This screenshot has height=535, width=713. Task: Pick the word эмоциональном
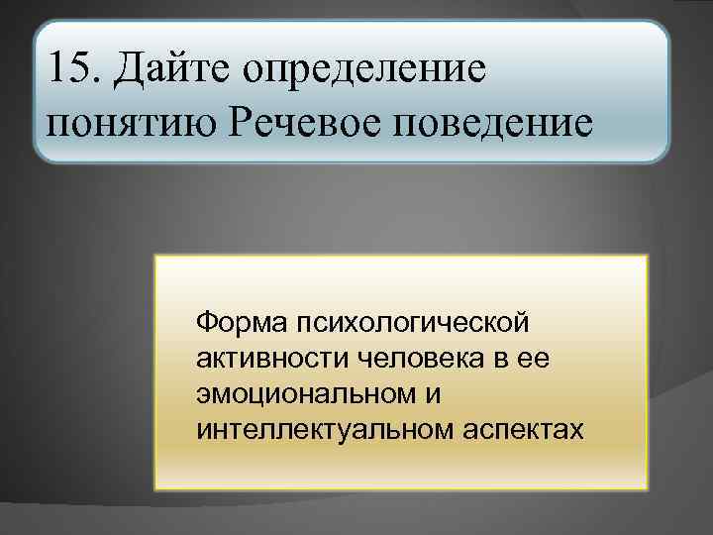(x=304, y=394)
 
